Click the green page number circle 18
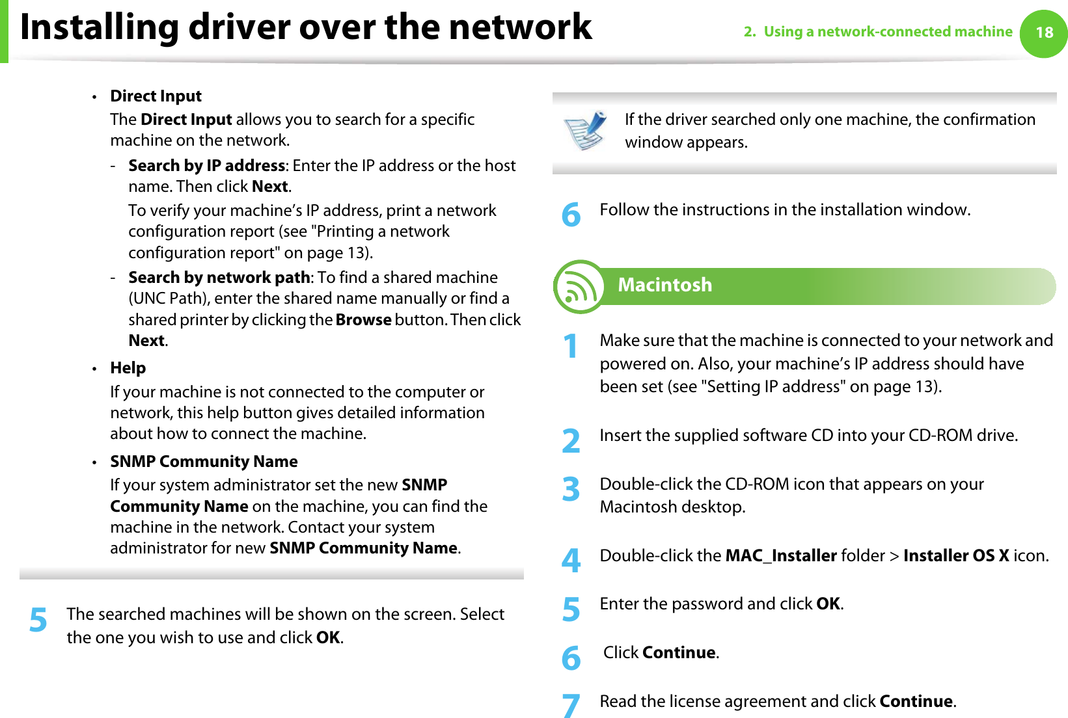(1043, 33)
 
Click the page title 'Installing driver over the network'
(306, 27)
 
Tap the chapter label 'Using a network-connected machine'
(888, 32)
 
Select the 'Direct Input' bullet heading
(156, 96)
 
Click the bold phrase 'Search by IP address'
(206, 166)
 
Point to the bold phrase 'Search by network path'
(219, 278)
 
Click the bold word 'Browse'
(363, 320)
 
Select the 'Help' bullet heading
(128, 368)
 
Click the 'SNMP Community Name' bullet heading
(204, 462)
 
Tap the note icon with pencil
(585, 130)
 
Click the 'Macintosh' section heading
(664, 285)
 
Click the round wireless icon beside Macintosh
(578, 287)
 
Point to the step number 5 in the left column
(38, 620)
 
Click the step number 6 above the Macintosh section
(571, 215)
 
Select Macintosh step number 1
(571, 345)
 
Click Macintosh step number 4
(571, 560)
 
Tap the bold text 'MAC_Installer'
(780, 556)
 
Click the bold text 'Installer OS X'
(955, 556)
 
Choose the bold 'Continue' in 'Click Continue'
(678, 653)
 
